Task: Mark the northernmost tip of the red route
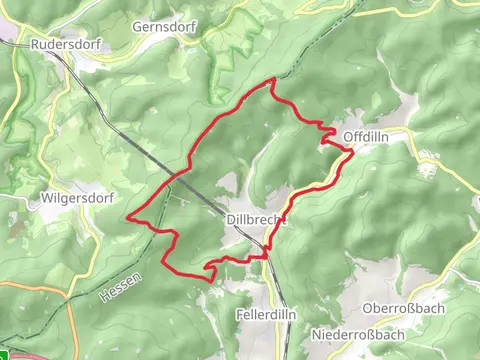point(273,79)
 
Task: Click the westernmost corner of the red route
point(127,216)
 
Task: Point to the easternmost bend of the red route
point(352,151)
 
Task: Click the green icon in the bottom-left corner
point(5,354)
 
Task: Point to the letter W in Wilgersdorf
point(45,198)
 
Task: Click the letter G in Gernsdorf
point(138,27)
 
